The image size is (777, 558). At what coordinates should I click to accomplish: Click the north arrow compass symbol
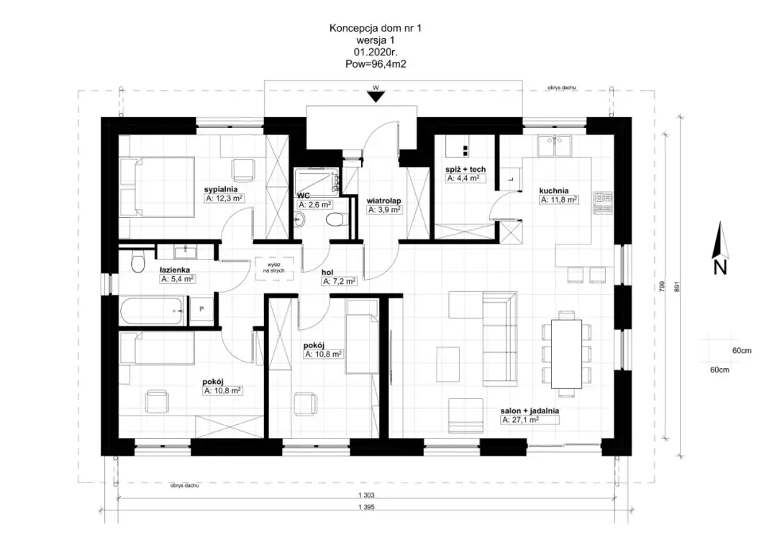click(719, 248)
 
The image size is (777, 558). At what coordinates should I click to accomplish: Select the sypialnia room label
click(221, 189)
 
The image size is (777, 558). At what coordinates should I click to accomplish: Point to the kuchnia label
click(553, 191)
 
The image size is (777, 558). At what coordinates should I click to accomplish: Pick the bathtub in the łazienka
click(153, 311)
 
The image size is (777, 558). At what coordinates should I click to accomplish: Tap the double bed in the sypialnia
click(157, 187)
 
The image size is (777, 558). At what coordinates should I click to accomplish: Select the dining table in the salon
click(566, 354)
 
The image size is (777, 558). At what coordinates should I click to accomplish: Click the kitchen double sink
click(554, 145)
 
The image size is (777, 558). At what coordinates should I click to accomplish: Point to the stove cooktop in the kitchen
click(603, 203)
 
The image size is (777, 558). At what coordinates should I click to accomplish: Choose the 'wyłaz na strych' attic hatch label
click(273, 268)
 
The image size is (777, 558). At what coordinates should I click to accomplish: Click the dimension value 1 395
click(366, 507)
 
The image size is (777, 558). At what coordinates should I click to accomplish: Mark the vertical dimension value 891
click(677, 287)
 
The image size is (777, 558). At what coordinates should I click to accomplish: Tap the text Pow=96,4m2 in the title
click(376, 64)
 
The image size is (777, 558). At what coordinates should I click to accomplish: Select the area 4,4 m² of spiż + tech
click(465, 178)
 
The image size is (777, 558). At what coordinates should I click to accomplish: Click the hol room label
click(327, 273)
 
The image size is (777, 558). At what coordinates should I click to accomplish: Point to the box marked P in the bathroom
click(201, 310)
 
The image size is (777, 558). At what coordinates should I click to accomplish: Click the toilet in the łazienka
click(137, 262)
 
